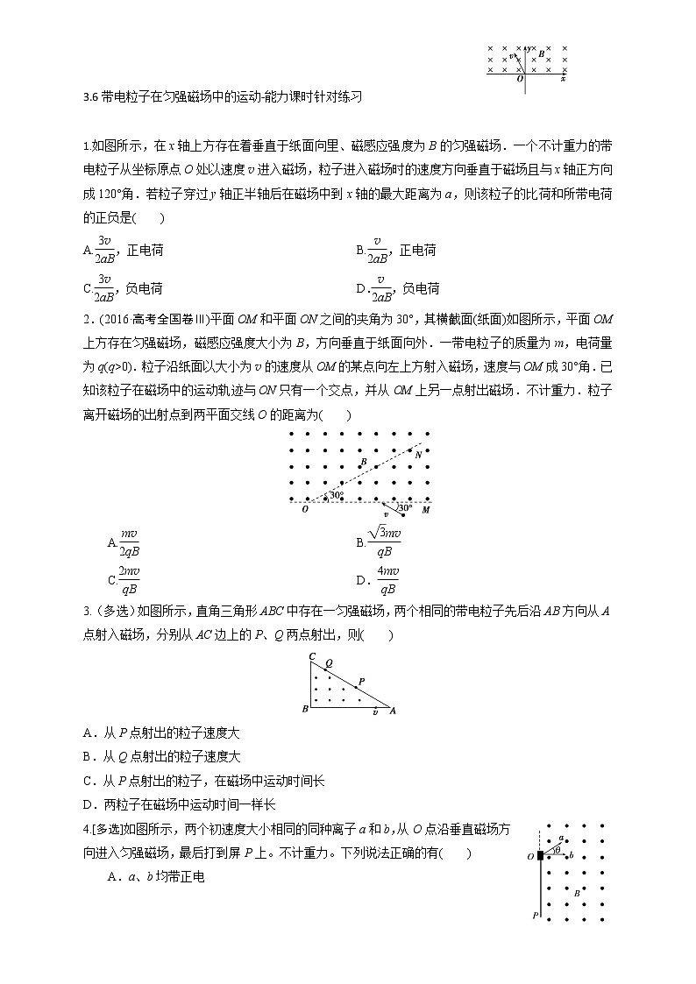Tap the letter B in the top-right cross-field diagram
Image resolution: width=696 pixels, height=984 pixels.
click(x=541, y=53)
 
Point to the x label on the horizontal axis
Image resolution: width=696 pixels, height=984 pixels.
click(x=563, y=79)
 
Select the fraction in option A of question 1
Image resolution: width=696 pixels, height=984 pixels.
click(x=104, y=250)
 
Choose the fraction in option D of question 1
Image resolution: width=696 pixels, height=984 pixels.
click(x=378, y=287)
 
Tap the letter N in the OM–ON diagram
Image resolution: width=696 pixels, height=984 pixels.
click(x=417, y=454)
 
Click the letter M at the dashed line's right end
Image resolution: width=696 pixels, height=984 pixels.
click(x=425, y=509)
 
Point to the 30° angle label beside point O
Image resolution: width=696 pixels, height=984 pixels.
click(x=334, y=496)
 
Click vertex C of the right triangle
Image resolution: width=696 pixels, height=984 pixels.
click(x=311, y=655)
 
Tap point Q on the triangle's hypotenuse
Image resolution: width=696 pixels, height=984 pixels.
click(x=329, y=663)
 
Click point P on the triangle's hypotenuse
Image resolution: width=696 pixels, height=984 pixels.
click(x=361, y=680)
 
